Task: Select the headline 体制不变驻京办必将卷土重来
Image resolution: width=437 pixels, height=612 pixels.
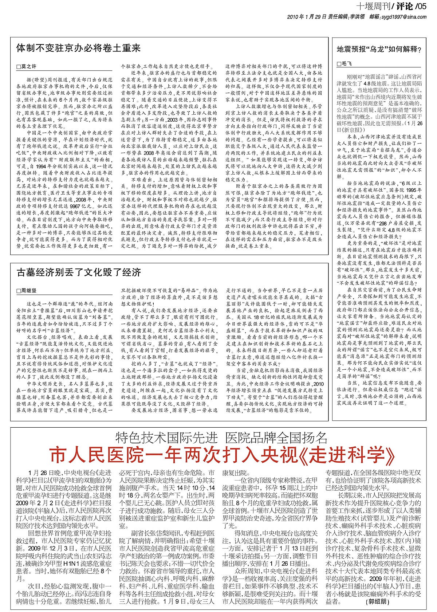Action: point(79,48)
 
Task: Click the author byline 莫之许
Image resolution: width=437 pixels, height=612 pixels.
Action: point(29,67)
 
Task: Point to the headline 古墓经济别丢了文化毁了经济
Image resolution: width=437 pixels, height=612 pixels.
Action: point(79,272)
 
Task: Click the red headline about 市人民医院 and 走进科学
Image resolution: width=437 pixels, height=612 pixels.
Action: point(222,455)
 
